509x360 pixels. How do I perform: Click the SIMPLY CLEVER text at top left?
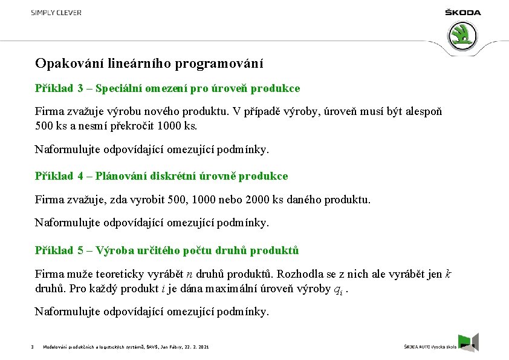pos(56,13)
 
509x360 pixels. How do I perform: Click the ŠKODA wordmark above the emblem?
pos(463,13)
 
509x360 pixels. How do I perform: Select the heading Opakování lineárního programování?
pos(149,63)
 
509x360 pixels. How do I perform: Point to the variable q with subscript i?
pos(339,289)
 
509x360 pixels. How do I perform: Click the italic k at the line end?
pos(448,273)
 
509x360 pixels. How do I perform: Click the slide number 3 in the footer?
pos(31,347)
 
